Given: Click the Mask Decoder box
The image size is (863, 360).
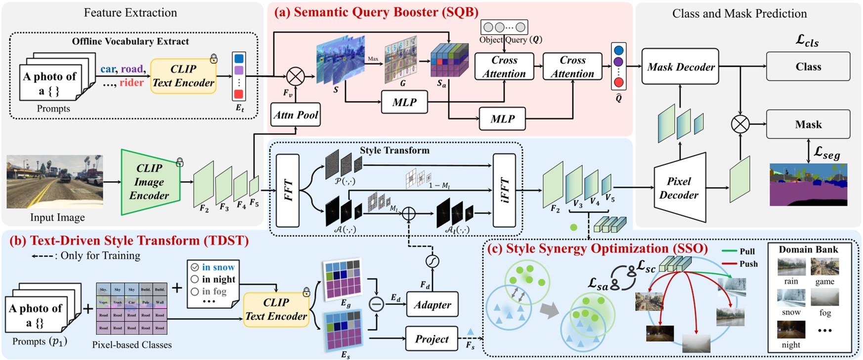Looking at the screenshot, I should pyautogui.click(x=680, y=67).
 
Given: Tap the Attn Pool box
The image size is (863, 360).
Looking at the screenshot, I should pyautogui.click(x=296, y=115).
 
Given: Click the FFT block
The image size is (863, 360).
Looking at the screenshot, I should pyautogui.click(x=288, y=190).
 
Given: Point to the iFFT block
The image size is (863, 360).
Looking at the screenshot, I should pyautogui.click(x=504, y=190).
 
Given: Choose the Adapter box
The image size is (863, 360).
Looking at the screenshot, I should pyautogui.click(x=432, y=305).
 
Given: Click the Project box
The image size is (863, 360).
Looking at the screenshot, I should pyautogui.click(x=431, y=339).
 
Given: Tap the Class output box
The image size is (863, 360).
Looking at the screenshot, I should pyautogui.click(x=808, y=67).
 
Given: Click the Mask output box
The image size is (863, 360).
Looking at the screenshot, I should pyautogui.click(x=808, y=125).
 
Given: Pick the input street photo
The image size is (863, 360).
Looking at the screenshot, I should pyautogui.click(x=54, y=181).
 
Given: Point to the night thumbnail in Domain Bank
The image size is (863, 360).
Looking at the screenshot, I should pyautogui.click(x=791, y=329).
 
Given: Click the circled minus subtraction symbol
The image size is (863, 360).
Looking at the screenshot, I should pyautogui.click(x=377, y=304).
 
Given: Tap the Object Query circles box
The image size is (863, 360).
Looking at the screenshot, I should pyautogui.click(x=504, y=27).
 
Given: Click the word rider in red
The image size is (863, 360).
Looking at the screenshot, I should pyautogui.click(x=131, y=83).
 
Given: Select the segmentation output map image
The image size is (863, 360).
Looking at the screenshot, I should pyautogui.click(x=808, y=184).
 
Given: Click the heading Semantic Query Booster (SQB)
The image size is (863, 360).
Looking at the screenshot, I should pyautogui.click(x=376, y=12).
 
